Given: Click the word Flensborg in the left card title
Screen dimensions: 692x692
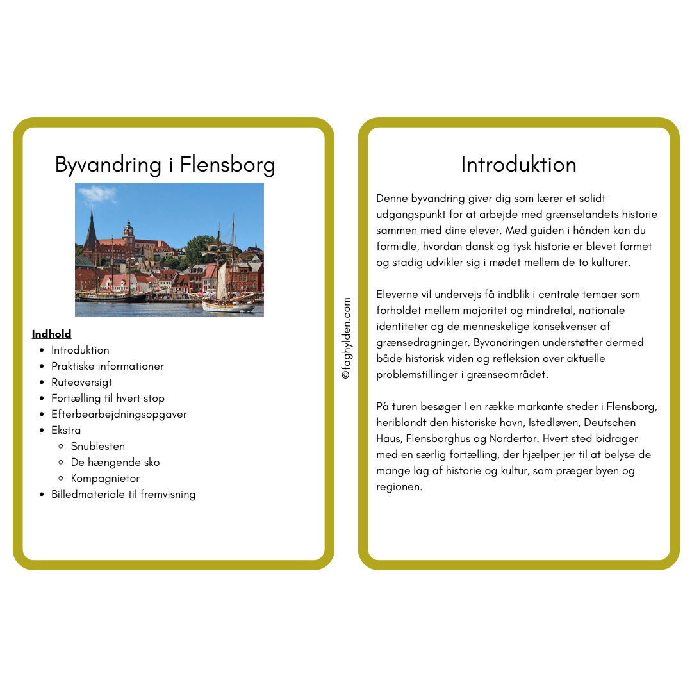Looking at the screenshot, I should click(227, 165).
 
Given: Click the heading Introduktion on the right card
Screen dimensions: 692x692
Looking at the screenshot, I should click(518, 165).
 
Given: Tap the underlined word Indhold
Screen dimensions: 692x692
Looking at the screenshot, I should click(51, 334).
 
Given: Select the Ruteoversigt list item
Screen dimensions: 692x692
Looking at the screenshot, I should click(81, 382).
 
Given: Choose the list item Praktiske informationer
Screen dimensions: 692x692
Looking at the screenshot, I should click(107, 366).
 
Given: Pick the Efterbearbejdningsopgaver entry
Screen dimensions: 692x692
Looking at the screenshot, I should click(119, 414).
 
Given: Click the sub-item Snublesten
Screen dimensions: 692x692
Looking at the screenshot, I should click(97, 446).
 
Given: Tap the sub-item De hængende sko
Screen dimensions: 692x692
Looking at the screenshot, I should click(115, 462).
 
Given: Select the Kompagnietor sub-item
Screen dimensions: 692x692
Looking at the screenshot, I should click(104, 478).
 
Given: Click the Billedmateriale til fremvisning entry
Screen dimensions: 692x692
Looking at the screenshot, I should click(123, 494).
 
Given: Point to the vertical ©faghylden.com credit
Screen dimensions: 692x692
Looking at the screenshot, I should click(346, 338).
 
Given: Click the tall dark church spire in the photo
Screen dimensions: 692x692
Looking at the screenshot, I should click(91, 227).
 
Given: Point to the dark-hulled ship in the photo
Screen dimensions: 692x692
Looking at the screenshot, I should click(112, 297).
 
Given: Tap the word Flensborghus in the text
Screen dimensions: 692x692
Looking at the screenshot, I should click(482, 439).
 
